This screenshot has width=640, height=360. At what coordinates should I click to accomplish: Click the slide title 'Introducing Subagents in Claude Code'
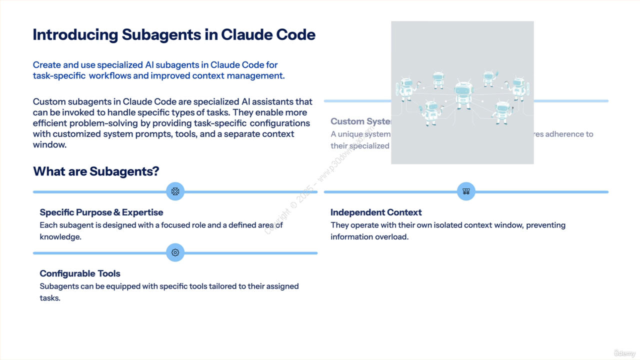pos(174,34)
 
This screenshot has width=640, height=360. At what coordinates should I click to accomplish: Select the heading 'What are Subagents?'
pos(96,171)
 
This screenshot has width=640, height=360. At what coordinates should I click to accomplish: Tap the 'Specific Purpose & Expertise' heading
pos(101,212)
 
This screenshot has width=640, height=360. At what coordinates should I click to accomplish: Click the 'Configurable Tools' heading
pos(80,273)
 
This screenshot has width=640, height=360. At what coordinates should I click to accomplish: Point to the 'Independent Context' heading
pos(376,212)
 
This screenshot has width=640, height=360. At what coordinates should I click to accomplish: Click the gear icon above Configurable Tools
pos(175,252)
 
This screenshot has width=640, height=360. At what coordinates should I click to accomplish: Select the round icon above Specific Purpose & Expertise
pos(175,191)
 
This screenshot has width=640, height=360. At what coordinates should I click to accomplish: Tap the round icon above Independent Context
pos(466,191)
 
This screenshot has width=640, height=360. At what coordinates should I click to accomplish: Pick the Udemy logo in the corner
pos(624,353)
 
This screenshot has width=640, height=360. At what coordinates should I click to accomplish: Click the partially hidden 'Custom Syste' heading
pos(360,121)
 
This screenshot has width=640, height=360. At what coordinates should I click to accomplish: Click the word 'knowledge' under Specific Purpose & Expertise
pos(60,237)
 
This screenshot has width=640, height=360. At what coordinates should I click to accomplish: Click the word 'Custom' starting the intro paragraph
pos(49,102)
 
